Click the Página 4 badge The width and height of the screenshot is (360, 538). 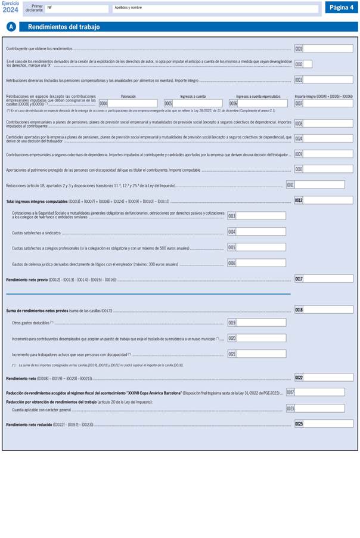(x=342, y=7)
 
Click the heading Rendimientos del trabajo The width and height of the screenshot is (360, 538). (x=64, y=27)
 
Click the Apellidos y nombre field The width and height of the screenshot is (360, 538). (x=215, y=9)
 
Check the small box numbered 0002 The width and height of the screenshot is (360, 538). (x=308, y=64)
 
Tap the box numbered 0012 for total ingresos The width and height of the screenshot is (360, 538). (x=328, y=200)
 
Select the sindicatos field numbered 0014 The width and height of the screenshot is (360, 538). (x=260, y=231)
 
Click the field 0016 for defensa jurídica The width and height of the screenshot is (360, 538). (x=260, y=262)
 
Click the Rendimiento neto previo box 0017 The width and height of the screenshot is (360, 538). (x=328, y=279)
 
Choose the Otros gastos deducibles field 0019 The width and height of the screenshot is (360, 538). (x=260, y=322)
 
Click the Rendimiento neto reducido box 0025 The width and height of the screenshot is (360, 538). (x=328, y=423)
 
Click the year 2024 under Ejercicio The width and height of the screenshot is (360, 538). (x=10, y=10)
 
